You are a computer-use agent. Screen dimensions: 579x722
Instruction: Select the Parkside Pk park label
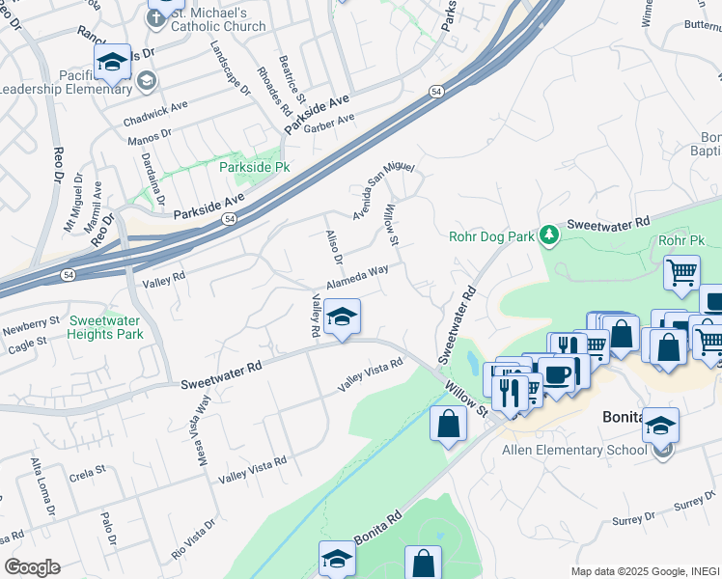[254, 166]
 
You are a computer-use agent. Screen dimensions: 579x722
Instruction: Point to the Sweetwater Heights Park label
[105, 328]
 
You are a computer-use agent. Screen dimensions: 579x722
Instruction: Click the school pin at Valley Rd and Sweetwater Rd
[341, 317]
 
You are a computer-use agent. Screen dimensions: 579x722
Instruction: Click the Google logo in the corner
[32, 567]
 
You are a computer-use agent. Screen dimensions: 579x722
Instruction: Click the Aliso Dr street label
[335, 247]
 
